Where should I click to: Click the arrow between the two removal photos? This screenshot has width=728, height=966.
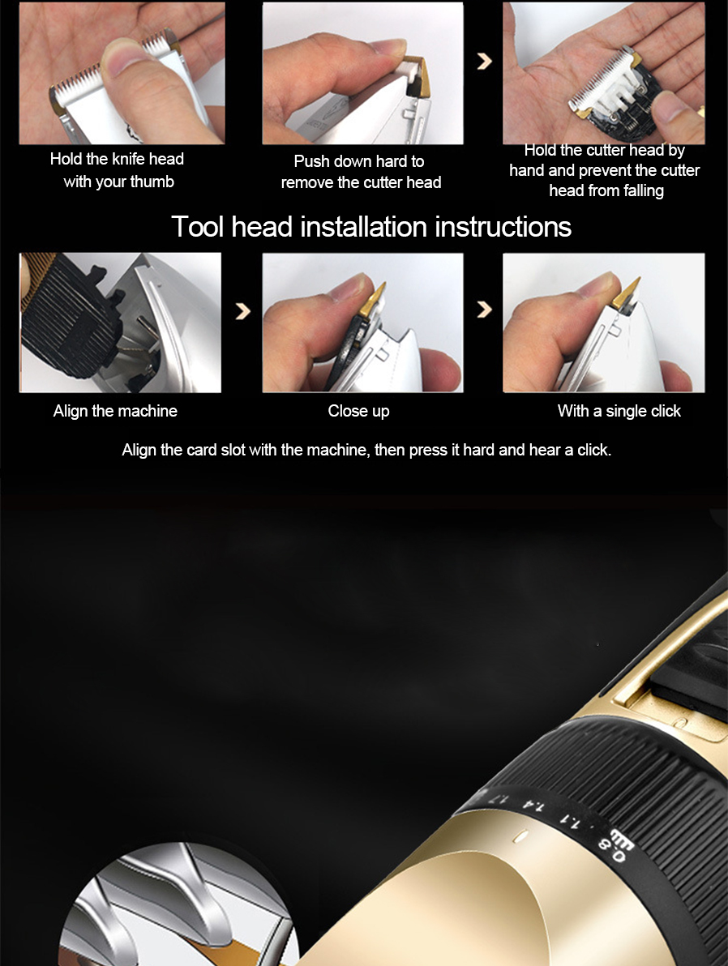[485, 60]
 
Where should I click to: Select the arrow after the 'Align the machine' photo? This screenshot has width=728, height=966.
[243, 310]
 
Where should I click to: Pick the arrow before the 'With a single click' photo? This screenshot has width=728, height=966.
[485, 309]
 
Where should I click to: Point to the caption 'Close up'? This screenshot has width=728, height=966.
[359, 411]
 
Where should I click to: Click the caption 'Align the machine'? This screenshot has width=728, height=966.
[115, 411]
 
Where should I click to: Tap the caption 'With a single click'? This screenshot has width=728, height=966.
[619, 411]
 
